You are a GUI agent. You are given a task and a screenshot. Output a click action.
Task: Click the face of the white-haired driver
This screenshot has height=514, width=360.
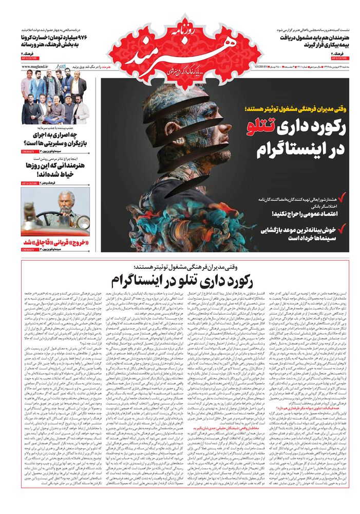pyautogui.click(x=66, y=199)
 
